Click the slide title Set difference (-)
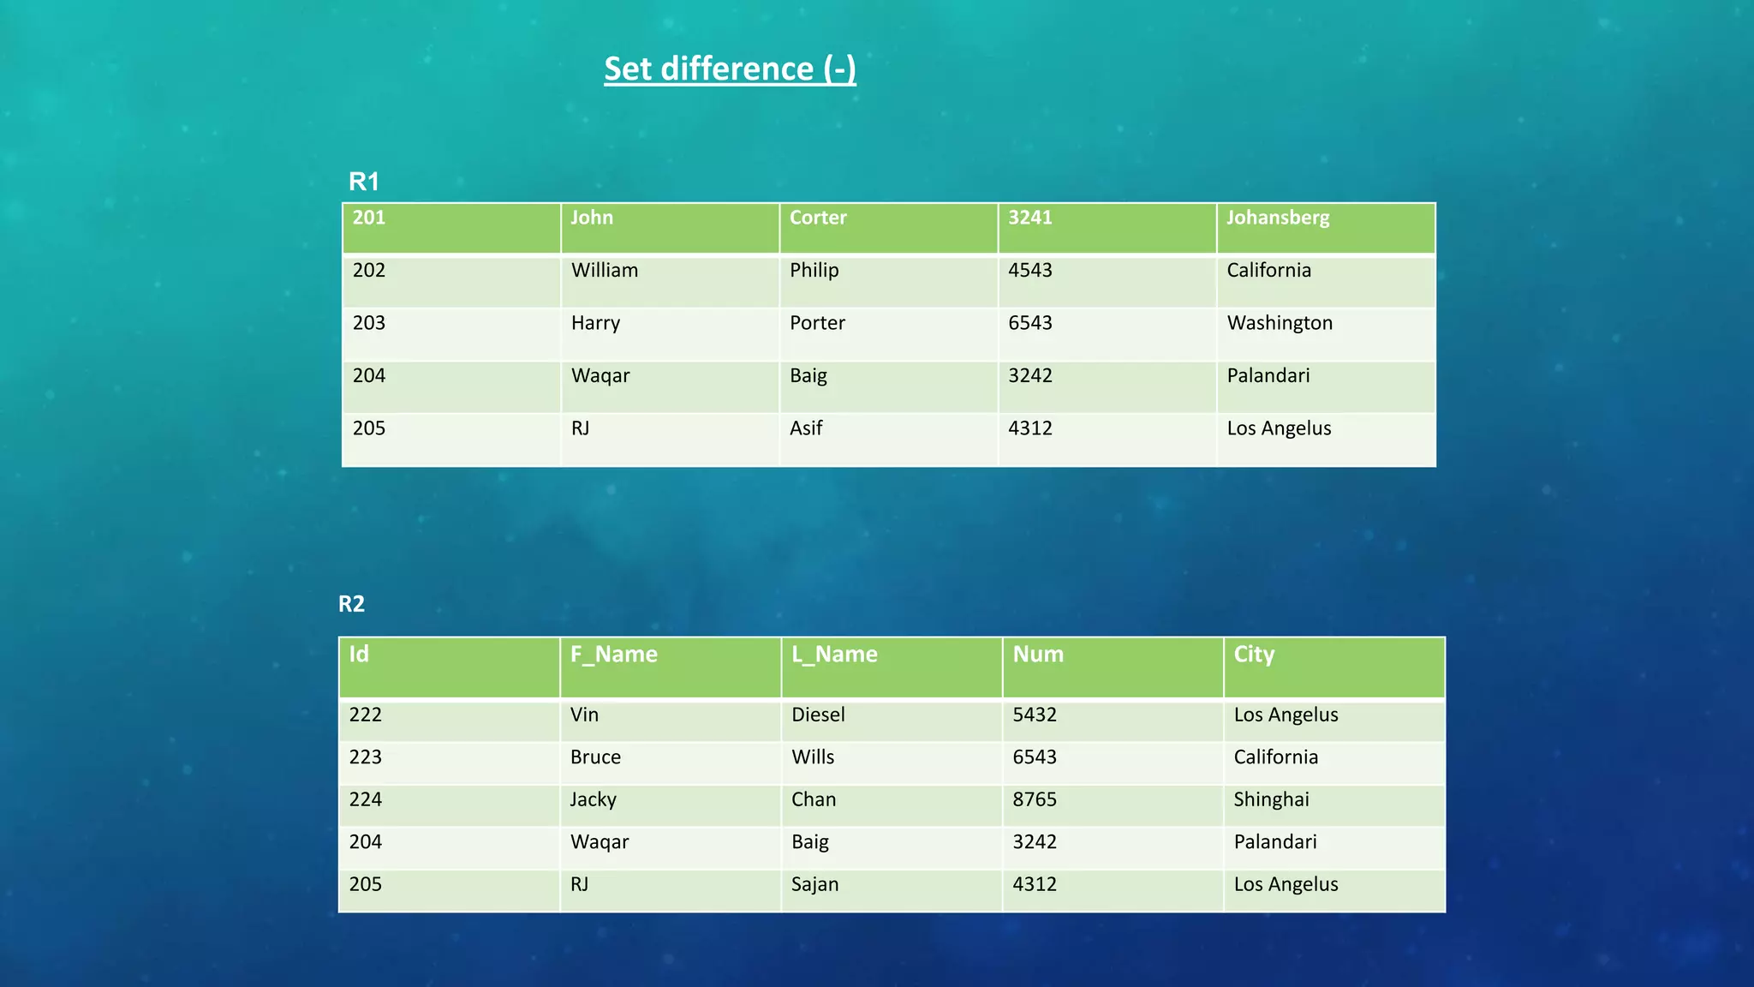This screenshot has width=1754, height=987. click(x=730, y=69)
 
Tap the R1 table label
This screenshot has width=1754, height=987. click(x=363, y=182)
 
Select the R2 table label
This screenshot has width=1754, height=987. click(x=351, y=604)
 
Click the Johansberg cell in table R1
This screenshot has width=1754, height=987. click(x=1278, y=218)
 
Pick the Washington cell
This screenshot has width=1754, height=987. click(x=1280, y=323)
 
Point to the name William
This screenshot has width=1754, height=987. click(x=605, y=271)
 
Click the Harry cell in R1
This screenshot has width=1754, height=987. click(x=595, y=323)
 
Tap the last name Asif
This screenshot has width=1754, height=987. click(x=806, y=428)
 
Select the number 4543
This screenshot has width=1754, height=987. click(x=1029, y=271)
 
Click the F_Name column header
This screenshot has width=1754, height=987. click(x=613, y=655)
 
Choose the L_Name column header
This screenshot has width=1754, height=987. click(x=834, y=655)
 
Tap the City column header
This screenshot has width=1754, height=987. click(x=1254, y=655)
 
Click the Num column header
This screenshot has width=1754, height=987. click(x=1038, y=655)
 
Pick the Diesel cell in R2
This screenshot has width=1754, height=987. click(x=818, y=715)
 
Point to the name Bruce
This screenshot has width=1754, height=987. click(x=595, y=757)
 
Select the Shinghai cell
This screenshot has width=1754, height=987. click(x=1271, y=799)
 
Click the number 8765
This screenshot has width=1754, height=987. click(x=1035, y=799)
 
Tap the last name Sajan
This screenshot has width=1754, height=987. click(x=814, y=884)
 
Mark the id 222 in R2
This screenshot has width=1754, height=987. click(x=365, y=715)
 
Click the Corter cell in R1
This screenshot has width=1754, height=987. click(x=818, y=218)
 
